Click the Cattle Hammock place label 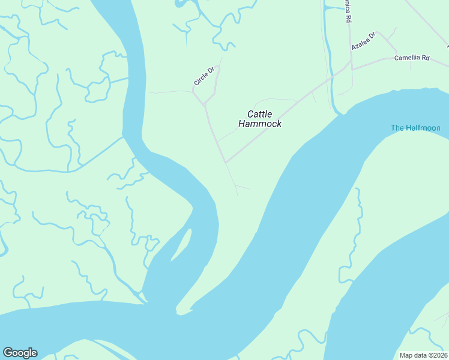[260, 119]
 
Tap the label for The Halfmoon [415, 128]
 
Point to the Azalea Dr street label [363, 41]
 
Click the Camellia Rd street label [412, 58]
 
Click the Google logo [20, 353]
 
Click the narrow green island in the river [182, 247]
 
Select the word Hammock [260, 124]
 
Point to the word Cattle [260, 113]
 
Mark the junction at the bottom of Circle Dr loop [205, 104]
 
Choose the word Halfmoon [424, 128]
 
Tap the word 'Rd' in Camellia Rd [426, 58]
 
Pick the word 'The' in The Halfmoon [397, 128]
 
